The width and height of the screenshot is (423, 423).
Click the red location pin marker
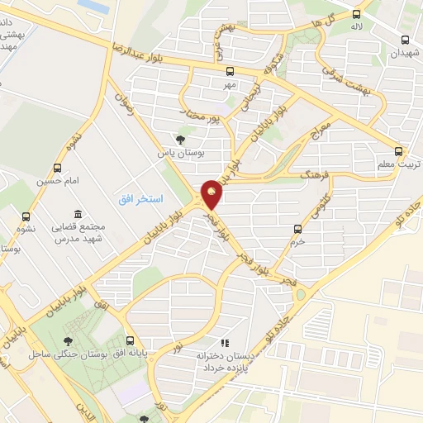click(211, 193)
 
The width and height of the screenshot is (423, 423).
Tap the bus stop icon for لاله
click(357, 14)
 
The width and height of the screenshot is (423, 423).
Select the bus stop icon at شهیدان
click(404, 39)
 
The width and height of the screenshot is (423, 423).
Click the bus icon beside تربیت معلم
click(399, 151)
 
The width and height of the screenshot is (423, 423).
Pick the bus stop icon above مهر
click(230, 71)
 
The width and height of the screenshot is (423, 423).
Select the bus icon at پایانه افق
click(129, 340)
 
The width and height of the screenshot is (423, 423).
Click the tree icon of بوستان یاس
click(181, 140)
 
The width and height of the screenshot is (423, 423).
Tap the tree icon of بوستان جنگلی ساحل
click(69, 340)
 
